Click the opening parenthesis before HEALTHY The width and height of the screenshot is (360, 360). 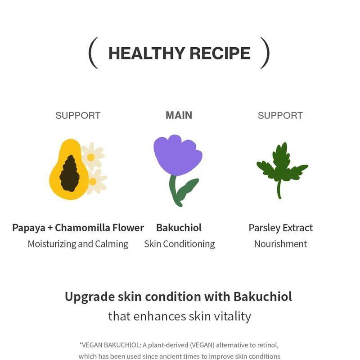[93, 53]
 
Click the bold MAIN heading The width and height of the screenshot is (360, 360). [179, 115]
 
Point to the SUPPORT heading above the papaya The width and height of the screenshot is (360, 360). [78, 116]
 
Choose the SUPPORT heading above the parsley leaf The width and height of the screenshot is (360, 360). [280, 116]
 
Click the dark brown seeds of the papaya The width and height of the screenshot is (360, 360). [70, 173]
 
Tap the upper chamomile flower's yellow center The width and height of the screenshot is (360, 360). [91, 157]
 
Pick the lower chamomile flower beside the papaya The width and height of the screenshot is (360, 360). [94, 181]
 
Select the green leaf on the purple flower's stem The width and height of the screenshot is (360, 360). [187, 188]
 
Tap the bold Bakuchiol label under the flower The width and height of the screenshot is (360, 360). [179, 228]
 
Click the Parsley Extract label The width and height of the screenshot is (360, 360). [280, 228]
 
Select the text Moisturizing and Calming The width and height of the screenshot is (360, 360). [78, 244]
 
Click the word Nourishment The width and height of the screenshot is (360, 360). [280, 244]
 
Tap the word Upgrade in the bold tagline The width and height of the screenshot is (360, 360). [88, 297]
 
